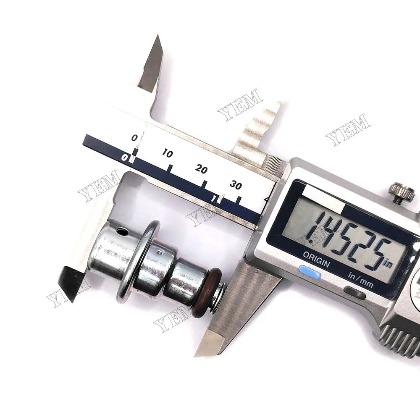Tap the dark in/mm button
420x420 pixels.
[x=354, y=292]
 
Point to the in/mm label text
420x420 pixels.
[x=360, y=278]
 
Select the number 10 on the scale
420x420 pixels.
[x=167, y=154]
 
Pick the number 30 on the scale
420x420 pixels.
[x=236, y=185]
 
